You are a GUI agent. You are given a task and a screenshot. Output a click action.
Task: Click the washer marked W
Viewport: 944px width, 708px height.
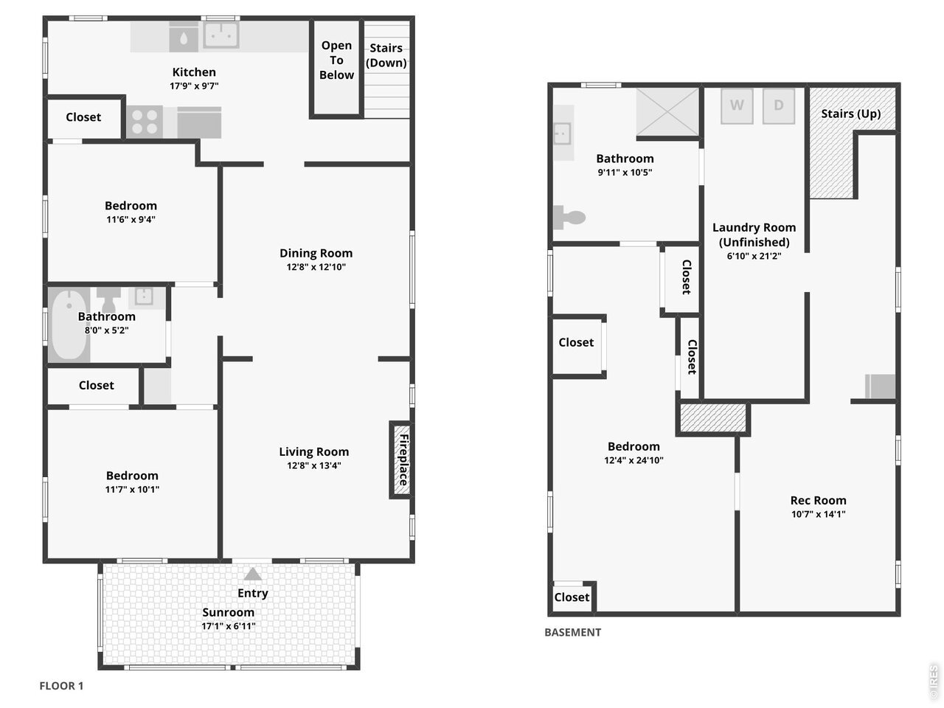pyautogui.click(x=737, y=105)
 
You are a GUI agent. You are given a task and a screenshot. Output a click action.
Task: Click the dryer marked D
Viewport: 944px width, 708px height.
pyautogui.click(x=778, y=105)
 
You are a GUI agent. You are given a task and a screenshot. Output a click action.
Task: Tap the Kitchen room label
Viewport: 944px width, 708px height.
pyautogui.click(x=194, y=72)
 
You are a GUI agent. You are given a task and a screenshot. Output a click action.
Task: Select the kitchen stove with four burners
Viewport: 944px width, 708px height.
pyautogui.click(x=145, y=122)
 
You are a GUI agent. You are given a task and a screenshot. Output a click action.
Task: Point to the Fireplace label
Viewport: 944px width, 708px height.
pyautogui.click(x=403, y=459)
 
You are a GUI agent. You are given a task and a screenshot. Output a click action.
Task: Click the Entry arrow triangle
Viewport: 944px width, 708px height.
pyautogui.click(x=252, y=574)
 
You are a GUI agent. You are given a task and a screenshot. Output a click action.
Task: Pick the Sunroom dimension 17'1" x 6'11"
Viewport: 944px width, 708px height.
pyautogui.click(x=229, y=626)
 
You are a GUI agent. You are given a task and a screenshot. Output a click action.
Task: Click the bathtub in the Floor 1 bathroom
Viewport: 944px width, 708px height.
pyautogui.click(x=69, y=324)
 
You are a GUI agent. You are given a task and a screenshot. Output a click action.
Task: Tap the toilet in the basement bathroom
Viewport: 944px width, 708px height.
pyautogui.click(x=569, y=218)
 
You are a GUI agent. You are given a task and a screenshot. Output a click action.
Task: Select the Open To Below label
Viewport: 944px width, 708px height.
pyautogui.click(x=336, y=60)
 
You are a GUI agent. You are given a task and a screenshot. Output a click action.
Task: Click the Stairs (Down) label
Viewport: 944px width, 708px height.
pyautogui.click(x=386, y=55)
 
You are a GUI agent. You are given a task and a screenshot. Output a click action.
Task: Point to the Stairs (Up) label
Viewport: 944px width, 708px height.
pyautogui.click(x=850, y=114)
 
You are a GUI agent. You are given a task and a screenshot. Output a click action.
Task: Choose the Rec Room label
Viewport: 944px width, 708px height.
pyautogui.click(x=818, y=500)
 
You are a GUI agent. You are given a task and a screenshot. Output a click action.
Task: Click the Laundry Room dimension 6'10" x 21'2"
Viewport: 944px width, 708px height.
pyautogui.click(x=754, y=256)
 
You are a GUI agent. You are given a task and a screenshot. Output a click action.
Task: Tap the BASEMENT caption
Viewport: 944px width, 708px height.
pyautogui.click(x=572, y=632)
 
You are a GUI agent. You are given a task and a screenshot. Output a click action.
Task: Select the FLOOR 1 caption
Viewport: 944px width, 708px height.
pyautogui.click(x=61, y=686)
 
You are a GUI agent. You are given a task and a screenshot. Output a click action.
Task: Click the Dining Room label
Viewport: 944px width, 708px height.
pyautogui.click(x=316, y=253)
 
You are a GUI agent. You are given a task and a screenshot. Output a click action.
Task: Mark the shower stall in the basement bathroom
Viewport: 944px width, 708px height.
pyautogui.click(x=667, y=112)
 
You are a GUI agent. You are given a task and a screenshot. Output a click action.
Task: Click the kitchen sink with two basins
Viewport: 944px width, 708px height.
pyautogui.click(x=221, y=35)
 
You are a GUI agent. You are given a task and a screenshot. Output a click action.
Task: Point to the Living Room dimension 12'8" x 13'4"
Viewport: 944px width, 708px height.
pyautogui.click(x=314, y=465)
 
